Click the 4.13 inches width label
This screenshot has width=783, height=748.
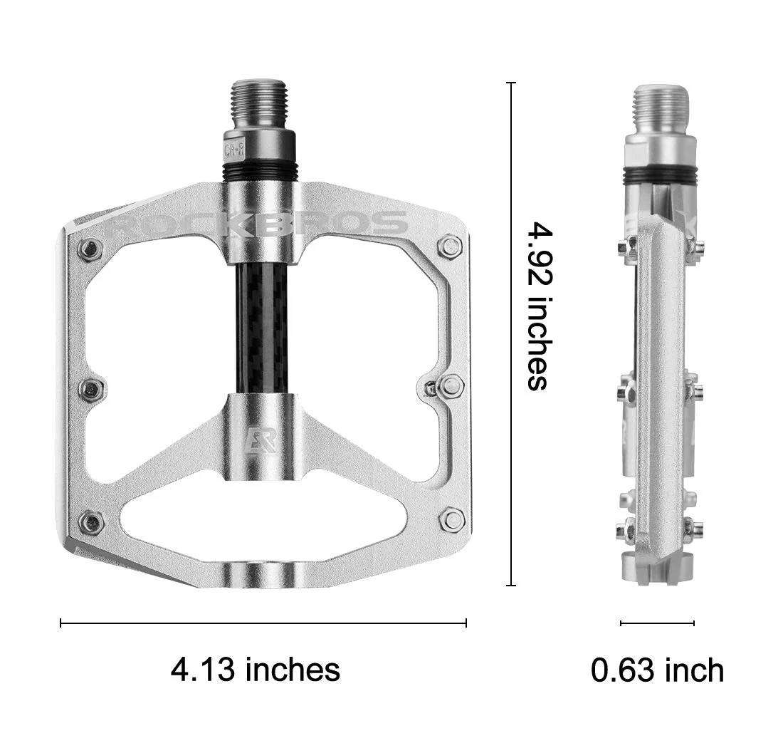pos(255,670)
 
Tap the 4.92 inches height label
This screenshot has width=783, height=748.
pos(540,306)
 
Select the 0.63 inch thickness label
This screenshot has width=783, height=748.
pos(657,670)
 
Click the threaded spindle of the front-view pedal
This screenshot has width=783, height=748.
pos(261,104)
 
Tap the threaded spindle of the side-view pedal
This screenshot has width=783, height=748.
pos(661,109)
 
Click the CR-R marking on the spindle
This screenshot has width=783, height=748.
pos(235,150)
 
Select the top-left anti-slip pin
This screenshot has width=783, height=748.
pos(90,249)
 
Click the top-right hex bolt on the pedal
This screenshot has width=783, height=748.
pos(450,246)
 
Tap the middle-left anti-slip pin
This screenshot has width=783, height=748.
pos(91,389)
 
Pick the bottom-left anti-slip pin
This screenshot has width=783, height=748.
pos(91,522)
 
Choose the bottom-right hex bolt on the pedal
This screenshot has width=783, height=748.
pos(452,519)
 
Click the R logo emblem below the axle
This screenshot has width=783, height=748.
pos(259,440)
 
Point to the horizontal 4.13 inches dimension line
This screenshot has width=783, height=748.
pos(263,623)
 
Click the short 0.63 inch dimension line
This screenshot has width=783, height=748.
pos(657,623)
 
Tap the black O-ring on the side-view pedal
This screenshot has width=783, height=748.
pos(661,175)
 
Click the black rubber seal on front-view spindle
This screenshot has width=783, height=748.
pos(261,170)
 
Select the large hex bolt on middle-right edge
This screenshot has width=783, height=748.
pos(451,386)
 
